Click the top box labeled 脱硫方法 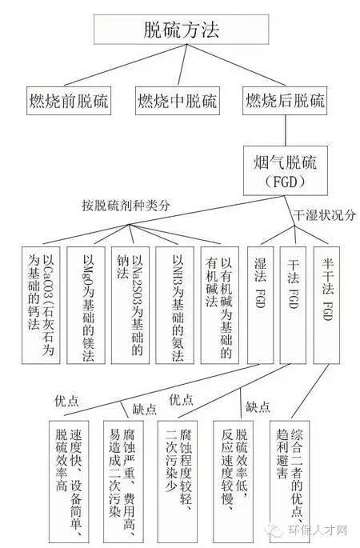[181, 30]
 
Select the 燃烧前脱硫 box [69, 101]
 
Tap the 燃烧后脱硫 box [285, 101]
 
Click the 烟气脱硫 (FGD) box [286, 170]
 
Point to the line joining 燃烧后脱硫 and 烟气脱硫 [286, 130]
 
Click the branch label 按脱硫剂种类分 [126, 205]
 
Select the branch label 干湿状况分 [324, 215]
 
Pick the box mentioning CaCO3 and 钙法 [41, 305]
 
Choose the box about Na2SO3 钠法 [130, 305]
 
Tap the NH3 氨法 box [174, 305]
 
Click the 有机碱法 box [220, 305]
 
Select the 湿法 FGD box [260, 305]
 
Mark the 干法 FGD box [293, 305]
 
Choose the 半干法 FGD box [326, 305]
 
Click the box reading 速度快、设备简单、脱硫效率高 [69, 482]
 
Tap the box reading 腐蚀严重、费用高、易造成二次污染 [123, 482]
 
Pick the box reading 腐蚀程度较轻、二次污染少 [178, 482]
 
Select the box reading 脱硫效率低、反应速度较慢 [233, 482]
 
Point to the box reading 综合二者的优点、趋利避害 [290, 482]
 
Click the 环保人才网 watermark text [318, 530]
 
